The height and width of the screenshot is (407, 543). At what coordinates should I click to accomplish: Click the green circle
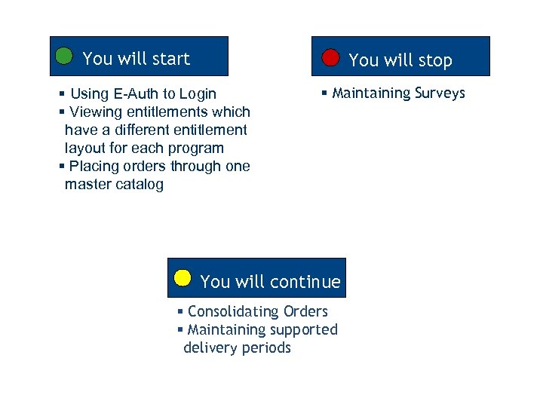(64, 56)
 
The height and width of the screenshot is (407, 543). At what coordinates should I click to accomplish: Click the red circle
(330, 57)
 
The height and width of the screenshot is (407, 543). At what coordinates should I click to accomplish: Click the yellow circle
(183, 277)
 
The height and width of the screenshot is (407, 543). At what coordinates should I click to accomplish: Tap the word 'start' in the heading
(170, 59)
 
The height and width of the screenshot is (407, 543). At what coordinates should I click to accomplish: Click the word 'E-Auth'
(137, 94)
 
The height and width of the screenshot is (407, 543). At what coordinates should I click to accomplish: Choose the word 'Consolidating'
(235, 311)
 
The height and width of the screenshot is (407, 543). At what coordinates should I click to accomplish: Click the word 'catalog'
(140, 185)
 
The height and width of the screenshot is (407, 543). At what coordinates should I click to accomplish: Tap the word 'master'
(87, 185)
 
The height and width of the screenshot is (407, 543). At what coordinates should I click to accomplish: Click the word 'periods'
(265, 347)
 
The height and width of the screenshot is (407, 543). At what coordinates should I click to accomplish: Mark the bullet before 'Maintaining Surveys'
(324, 93)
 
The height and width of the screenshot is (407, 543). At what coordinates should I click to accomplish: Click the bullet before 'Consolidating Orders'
(180, 311)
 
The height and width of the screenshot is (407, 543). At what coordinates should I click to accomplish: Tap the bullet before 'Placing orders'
(62, 167)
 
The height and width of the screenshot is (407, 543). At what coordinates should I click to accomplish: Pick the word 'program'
(198, 148)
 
